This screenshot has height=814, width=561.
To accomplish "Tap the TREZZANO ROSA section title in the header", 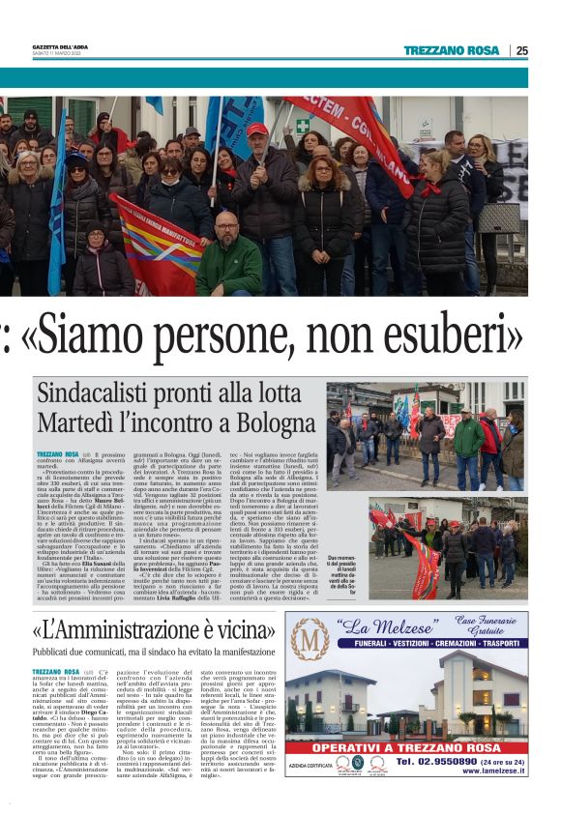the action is [x=451, y=50].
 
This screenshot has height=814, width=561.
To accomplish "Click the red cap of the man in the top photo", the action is [x=256, y=129].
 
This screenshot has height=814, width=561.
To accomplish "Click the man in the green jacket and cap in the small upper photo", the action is [x=468, y=433].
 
